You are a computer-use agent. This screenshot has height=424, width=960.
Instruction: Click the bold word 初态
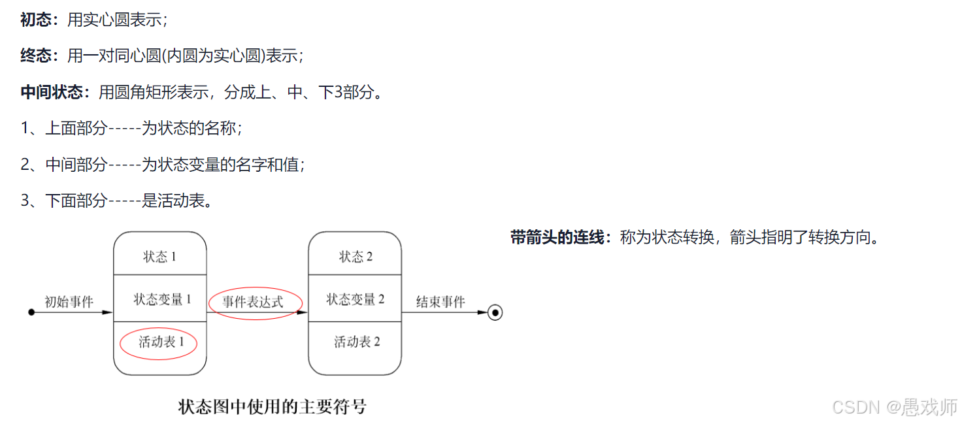[36, 20]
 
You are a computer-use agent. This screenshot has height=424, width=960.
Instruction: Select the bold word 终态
[36, 56]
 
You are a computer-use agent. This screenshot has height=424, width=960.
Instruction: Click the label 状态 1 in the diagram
[160, 257]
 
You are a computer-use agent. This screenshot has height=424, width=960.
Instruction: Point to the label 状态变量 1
[162, 300]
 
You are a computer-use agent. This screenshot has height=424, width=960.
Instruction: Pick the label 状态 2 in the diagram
[356, 257]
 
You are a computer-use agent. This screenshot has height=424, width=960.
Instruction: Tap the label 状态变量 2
[356, 300]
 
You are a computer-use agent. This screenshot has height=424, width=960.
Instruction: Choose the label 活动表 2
[357, 342]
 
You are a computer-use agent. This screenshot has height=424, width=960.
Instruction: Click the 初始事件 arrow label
[69, 302]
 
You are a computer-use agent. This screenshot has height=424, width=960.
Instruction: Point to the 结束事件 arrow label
[440, 302]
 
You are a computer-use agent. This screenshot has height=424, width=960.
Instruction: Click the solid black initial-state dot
[31, 313]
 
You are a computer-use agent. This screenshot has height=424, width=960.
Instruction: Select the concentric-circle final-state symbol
[495, 313]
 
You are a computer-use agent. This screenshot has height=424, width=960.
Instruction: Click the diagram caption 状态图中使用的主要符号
[272, 407]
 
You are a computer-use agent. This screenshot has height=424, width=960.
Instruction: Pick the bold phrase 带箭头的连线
[557, 238]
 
